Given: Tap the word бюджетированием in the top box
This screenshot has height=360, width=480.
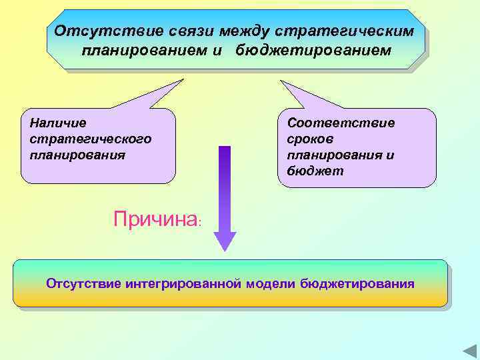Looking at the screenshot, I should pos(313,51).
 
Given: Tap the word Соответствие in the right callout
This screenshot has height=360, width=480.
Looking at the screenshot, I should pos(341,123).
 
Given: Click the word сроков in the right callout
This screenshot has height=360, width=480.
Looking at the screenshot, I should pos(310,139).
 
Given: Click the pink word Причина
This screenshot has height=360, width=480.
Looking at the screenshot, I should pos(155,219).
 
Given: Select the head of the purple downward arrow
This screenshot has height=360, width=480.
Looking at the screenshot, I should pos(225,240).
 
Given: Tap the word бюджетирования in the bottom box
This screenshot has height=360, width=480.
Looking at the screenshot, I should pos(357,284).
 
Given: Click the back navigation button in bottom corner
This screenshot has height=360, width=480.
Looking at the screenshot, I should pos(468,351).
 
